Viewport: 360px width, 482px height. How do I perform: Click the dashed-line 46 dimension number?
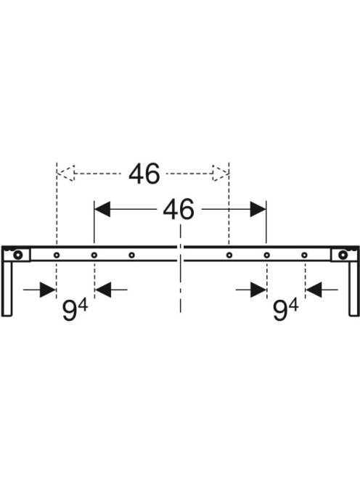pos(144,173)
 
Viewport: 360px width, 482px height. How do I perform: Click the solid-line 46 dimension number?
pos(179,209)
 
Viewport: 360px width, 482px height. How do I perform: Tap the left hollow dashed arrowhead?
pos(66,173)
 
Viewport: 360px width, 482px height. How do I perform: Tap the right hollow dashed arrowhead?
pos(221,173)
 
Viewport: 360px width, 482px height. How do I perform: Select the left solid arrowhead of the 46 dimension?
pos(102,209)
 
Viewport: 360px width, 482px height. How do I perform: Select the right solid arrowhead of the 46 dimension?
pos(258,209)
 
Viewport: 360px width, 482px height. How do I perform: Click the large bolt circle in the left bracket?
pos(18,255)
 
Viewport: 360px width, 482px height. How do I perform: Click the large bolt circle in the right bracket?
pos(342,255)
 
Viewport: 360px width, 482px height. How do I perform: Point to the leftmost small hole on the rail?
pos(57,255)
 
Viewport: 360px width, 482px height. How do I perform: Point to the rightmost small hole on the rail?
pos(304,255)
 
